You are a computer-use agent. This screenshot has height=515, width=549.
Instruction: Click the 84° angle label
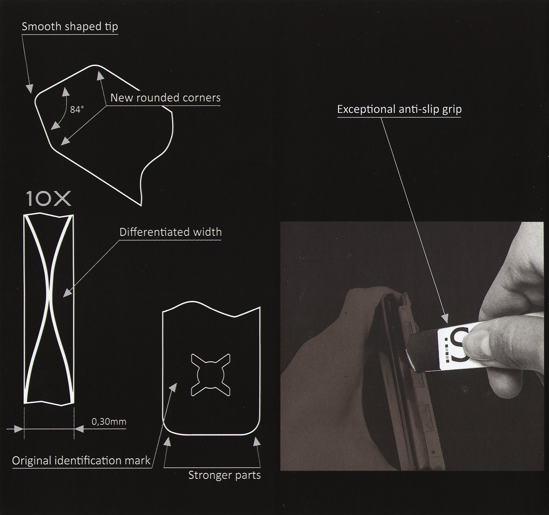tap(77, 109)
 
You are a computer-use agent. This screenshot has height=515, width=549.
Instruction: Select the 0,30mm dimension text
tap(109, 422)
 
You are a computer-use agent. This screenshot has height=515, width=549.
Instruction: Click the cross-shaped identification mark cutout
tap(210, 374)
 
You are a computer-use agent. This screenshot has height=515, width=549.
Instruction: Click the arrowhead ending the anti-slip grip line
tap(445, 319)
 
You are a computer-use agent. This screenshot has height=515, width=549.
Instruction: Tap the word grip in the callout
tap(452, 110)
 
